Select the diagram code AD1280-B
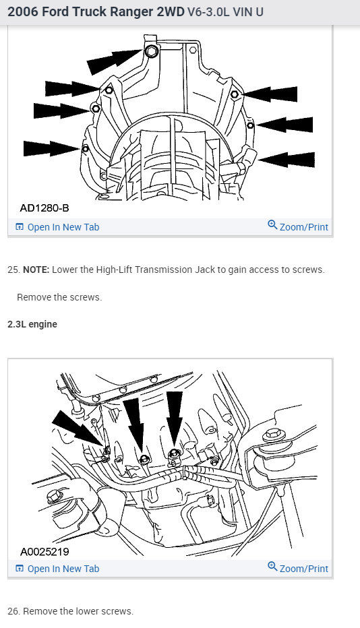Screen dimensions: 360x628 (x=44, y=208)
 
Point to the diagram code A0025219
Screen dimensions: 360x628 (x=44, y=551)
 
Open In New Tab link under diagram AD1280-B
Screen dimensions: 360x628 (x=57, y=227)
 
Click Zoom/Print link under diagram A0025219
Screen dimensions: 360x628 (x=298, y=568)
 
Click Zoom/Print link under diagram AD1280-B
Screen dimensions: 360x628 (x=298, y=226)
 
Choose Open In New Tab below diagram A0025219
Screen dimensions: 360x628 (x=57, y=569)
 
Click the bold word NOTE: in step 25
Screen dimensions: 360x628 (x=36, y=270)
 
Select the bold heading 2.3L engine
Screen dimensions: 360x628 (x=32, y=324)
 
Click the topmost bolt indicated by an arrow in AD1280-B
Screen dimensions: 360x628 (x=151, y=52)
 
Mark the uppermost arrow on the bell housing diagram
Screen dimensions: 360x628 (x=115, y=61)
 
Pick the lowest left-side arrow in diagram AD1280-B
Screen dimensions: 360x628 (x=52, y=148)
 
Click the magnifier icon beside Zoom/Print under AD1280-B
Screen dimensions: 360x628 (x=272, y=224)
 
